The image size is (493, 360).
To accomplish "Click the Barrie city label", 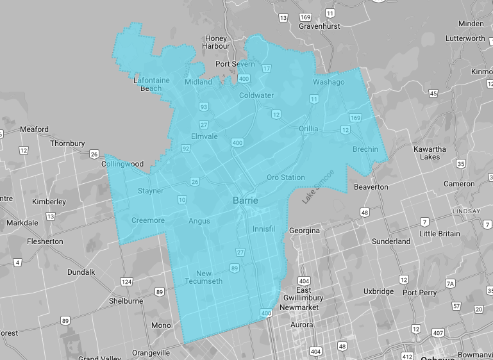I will (246, 200).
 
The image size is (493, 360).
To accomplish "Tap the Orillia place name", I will (308, 129).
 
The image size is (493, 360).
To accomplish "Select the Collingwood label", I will (122, 164).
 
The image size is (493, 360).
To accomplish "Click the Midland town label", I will (198, 82).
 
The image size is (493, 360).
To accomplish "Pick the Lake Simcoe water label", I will (318, 187).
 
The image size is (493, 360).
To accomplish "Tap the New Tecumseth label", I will (204, 277).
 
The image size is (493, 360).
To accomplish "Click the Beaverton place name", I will (371, 187).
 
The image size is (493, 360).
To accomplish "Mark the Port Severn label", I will (235, 64).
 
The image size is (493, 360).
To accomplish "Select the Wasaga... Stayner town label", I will (151, 191).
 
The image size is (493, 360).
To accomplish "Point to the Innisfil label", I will (263, 229).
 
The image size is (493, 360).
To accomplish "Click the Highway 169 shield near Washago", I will (355, 118).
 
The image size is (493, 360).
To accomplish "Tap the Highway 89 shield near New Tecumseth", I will (235, 268).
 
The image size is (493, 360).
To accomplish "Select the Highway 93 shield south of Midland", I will (204, 106).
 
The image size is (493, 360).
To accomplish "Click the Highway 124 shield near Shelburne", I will (126, 282).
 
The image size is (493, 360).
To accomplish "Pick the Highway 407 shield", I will (438, 332).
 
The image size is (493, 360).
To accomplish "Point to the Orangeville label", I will (151, 353).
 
